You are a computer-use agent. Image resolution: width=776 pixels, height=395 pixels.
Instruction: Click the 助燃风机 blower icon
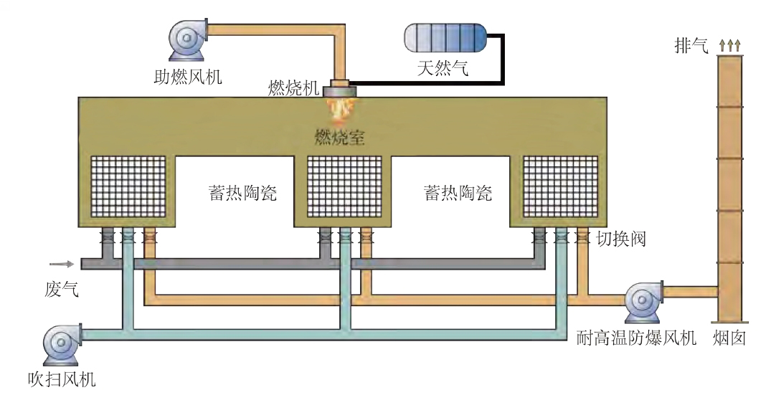(187, 37)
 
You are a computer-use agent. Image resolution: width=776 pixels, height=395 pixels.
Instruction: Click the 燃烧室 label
(340, 137)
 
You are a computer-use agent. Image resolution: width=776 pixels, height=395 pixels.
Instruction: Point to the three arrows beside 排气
(729, 47)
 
